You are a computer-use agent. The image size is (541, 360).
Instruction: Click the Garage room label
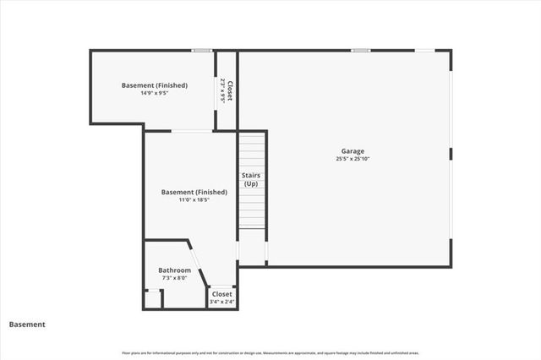(x=352, y=151)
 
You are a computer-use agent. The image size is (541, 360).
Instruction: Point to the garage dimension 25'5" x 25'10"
(x=352, y=159)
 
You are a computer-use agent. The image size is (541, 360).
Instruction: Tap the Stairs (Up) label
(x=251, y=180)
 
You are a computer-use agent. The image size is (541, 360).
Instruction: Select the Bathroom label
(x=175, y=270)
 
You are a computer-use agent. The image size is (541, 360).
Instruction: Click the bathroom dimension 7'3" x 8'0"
(x=175, y=278)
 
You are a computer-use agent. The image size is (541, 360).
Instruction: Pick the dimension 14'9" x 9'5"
(x=154, y=93)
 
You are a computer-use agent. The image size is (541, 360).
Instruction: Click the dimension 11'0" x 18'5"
(x=194, y=200)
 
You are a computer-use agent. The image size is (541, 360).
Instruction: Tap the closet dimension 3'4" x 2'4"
(x=221, y=302)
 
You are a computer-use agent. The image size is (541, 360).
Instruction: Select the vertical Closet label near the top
(x=229, y=90)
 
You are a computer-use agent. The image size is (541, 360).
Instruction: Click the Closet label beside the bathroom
(x=221, y=294)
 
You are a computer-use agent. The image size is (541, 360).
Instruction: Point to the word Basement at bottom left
(x=27, y=325)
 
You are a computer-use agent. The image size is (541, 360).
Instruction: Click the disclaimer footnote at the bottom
(x=270, y=353)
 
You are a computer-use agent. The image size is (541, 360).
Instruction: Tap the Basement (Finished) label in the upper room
(x=154, y=85)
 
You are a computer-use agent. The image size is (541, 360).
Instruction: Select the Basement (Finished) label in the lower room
(x=194, y=193)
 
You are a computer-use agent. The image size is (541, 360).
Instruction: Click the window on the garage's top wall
(x=361, y=51)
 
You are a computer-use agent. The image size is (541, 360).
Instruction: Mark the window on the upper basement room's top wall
(x=201, y=51)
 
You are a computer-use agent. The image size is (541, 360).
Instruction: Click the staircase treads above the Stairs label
(x=252, y=152)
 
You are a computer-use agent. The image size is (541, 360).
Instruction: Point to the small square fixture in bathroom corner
(x=153, y=299)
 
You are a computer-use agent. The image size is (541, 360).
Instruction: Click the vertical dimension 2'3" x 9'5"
(x=222, y=90)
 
